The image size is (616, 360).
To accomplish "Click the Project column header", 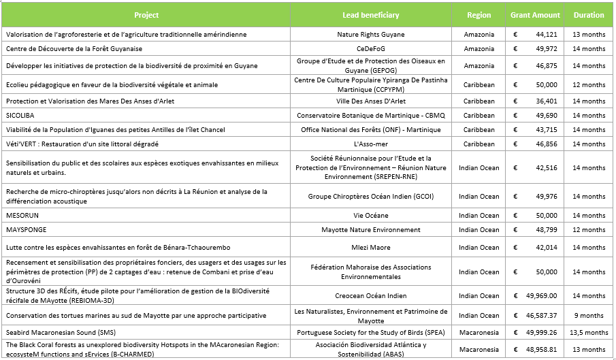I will tap(146, 15).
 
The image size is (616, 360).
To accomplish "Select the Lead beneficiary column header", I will tap(371, 15).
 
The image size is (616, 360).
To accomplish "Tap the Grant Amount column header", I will tap(536, 15).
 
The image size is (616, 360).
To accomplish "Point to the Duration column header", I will tap(589, 15).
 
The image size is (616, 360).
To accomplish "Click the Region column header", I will tap(479, 15).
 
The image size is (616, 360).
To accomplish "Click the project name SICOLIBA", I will tap(19, 115).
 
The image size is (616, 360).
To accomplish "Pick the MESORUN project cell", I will tap(22, 215).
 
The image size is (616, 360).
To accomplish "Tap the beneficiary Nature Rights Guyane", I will tap(371, 34).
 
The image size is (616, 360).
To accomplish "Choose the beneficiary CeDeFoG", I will tap(371, 48).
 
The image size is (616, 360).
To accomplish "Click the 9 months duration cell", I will tap(589, 315).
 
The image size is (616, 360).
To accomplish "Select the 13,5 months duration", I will tap(589, 332).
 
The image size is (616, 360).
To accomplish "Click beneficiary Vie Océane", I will tap(371, 215).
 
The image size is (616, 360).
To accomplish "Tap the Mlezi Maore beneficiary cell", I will tap(371, 247).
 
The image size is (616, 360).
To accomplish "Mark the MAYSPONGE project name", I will tap(26, 229).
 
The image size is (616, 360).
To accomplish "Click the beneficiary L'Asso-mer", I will tap(371, 144).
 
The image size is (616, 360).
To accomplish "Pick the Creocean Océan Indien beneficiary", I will tap(371, 295).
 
